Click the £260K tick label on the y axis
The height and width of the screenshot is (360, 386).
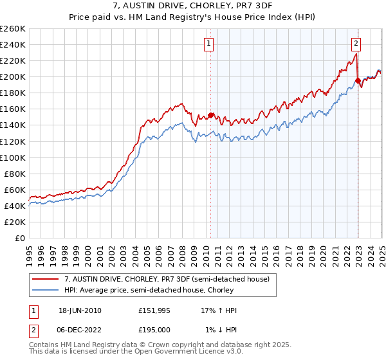(x=12, y=29)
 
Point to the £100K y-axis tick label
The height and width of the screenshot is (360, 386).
(x=12, y=157)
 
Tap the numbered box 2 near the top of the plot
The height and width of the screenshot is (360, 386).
(x=356, y=44)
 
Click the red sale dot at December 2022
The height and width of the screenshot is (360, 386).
(x=357, y=81)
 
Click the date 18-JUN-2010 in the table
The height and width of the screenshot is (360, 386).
(x=80, y=310)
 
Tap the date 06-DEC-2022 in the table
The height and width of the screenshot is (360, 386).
(x=80, y=330)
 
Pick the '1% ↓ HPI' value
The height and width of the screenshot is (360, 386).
(x=221, y=330)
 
